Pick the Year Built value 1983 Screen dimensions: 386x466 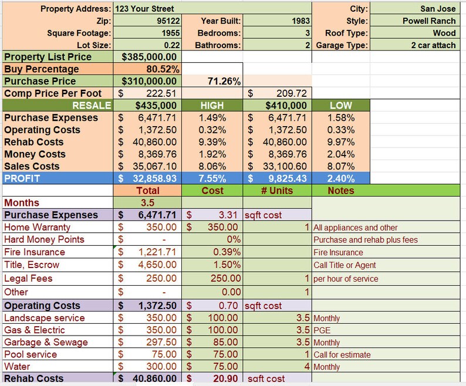click(x=300, y=21)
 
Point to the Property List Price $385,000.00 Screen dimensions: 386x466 click(x=149, y=57)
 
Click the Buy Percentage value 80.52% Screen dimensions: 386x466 click(x=165, y=69)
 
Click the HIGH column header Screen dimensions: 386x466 click(x=212, y=106)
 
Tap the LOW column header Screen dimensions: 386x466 click(x=341, y=106)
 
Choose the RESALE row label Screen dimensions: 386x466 click(x=92, y=106)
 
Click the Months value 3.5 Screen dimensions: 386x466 click(x=148, y=203)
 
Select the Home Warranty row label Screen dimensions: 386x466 click(x=37, y=227)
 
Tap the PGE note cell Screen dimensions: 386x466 click(x=322, y=330)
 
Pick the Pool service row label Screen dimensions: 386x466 click(x=31, y=354)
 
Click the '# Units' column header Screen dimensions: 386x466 click(x=277, y=191)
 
